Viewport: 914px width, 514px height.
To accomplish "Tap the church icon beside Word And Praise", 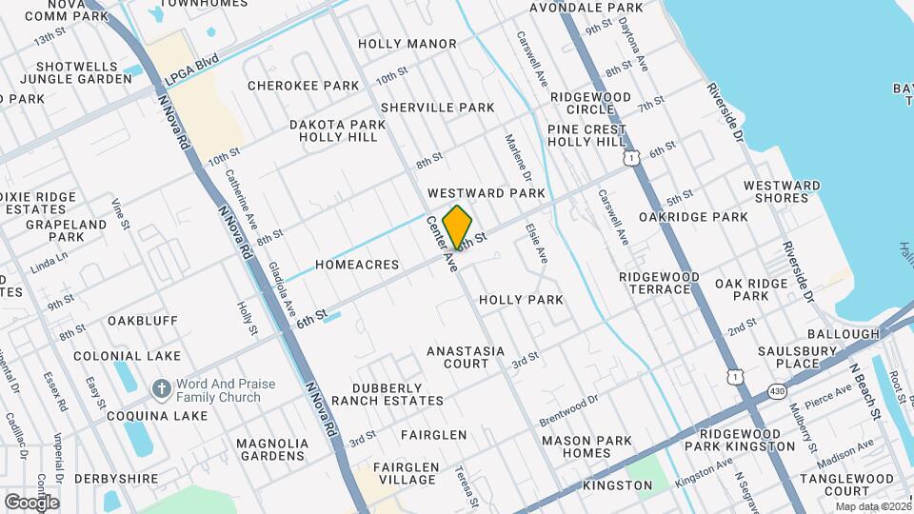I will click(161, 390).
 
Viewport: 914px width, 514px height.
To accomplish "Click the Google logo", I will click(31, 502).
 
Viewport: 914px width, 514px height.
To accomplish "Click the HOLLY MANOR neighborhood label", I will click(407, 44).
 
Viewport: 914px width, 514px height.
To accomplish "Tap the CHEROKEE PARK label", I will click(303, 86).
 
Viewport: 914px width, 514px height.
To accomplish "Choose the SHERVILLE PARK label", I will click(438, 108).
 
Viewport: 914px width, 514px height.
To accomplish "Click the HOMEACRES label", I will click(357, 265).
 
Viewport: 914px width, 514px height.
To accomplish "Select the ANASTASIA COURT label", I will click(466, 357).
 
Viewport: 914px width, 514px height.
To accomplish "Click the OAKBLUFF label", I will click(143, 321).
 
